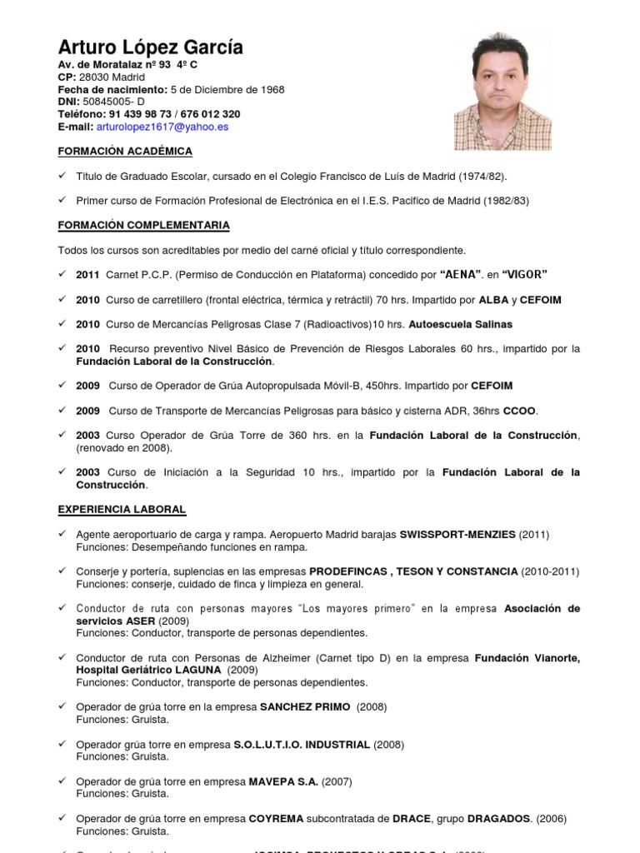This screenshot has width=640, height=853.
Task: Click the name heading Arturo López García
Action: point(150,47)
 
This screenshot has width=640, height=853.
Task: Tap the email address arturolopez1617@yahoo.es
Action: point(162,127)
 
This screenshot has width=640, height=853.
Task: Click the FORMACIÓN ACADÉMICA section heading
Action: point(125,152)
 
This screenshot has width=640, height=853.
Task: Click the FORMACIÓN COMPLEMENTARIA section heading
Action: point(143,226)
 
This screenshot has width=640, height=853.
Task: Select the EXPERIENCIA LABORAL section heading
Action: point(122,509)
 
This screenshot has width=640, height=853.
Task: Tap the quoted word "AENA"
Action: point(464,274)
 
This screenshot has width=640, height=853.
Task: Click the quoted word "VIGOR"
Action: point(524,274)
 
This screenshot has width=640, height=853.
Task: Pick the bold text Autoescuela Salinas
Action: point(465,324)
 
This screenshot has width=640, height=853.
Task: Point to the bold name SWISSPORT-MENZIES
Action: point(457,534)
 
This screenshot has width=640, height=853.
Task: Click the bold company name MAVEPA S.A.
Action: point(283,782)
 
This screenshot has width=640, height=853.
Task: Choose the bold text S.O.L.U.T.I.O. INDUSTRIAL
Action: point(309,745)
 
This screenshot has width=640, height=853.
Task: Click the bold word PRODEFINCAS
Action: point(347,571)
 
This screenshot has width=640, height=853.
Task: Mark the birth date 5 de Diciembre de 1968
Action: point(227,89)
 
